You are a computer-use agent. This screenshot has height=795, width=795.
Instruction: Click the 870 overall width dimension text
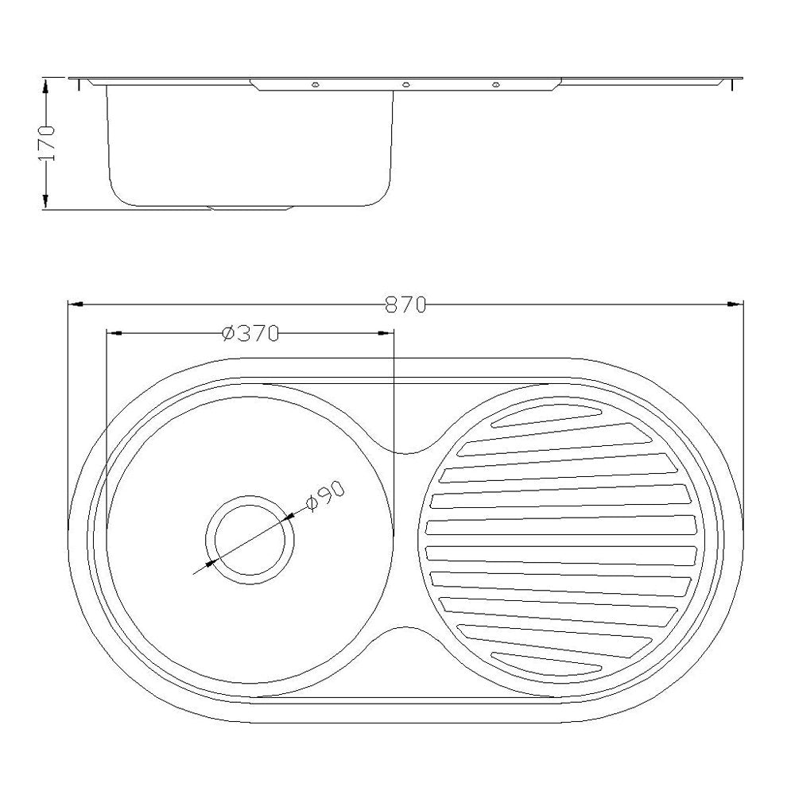coord(406,304)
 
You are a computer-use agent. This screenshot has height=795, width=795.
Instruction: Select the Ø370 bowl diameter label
coord(250,335)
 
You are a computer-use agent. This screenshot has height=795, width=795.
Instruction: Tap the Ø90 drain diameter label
coord(324,498)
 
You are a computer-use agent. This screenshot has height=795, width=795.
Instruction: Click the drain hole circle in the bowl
coord(250,539)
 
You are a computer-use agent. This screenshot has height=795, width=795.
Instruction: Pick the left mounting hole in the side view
coord(316,85)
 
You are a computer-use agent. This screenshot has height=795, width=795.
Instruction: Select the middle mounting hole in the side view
coord(405,85)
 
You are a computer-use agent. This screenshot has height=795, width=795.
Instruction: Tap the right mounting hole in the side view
coord(496,85)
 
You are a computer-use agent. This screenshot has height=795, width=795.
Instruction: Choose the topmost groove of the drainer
coord(548,417)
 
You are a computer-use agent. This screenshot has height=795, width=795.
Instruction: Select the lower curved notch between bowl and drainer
coord(407,633)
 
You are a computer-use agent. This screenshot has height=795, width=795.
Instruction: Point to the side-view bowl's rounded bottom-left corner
coord(117,193)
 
